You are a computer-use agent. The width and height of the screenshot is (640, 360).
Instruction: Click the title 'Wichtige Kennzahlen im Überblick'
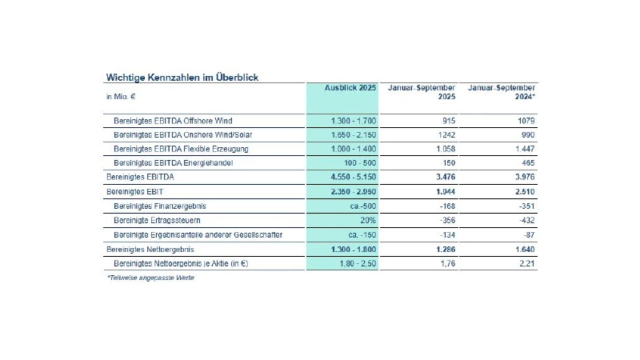[x=182, y=77]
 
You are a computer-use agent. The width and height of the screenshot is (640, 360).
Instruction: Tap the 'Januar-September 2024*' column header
[x=502, y=92]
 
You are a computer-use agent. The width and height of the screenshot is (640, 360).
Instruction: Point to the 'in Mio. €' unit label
[x=120, y=98]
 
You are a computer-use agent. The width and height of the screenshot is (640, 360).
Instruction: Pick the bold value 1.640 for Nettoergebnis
[x=524, y=249]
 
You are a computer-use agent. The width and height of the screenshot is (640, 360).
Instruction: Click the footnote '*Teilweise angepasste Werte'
[x=150, y=278]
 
